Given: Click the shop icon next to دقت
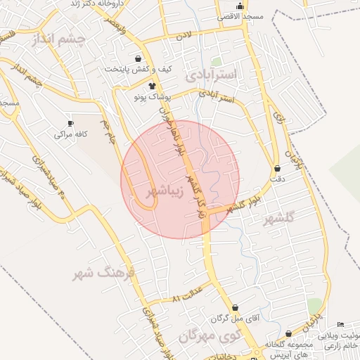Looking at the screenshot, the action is [x=278, y=169].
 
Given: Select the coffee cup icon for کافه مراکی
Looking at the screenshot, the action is [x=70, y=122].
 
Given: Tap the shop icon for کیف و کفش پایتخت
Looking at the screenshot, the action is [x=138, y=58].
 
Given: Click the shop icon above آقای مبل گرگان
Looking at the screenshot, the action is [x=234, y=307].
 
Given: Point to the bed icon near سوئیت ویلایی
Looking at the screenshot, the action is [x=340, y=324].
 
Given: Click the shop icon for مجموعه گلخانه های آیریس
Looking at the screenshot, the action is [x=289, y=333].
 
